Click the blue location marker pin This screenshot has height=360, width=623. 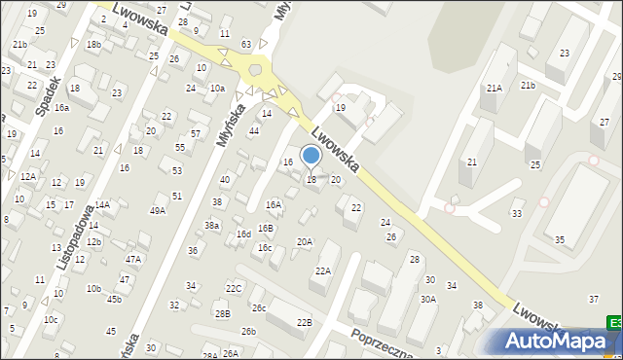coord(311,156)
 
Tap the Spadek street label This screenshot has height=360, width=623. coord(49,94)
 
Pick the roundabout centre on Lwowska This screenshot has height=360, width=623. coord(257,70)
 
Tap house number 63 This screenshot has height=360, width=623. coord(247,44)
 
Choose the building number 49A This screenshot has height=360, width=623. coord(157,210)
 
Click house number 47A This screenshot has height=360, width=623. coord(133,259)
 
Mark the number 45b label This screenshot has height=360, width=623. coord(114,299)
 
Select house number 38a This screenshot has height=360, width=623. coord(211,225)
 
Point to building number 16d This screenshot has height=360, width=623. coord(243,234)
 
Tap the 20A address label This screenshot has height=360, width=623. coord(305,241)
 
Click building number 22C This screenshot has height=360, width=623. coord(234,288)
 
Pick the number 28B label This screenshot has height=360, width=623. coord(223,313)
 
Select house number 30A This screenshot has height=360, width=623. coord(427,300)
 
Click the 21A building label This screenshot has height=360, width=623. coord(494,89)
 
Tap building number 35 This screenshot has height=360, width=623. coord(559,238)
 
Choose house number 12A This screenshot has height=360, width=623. coord(28,176)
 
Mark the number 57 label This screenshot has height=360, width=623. coord(195,133)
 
